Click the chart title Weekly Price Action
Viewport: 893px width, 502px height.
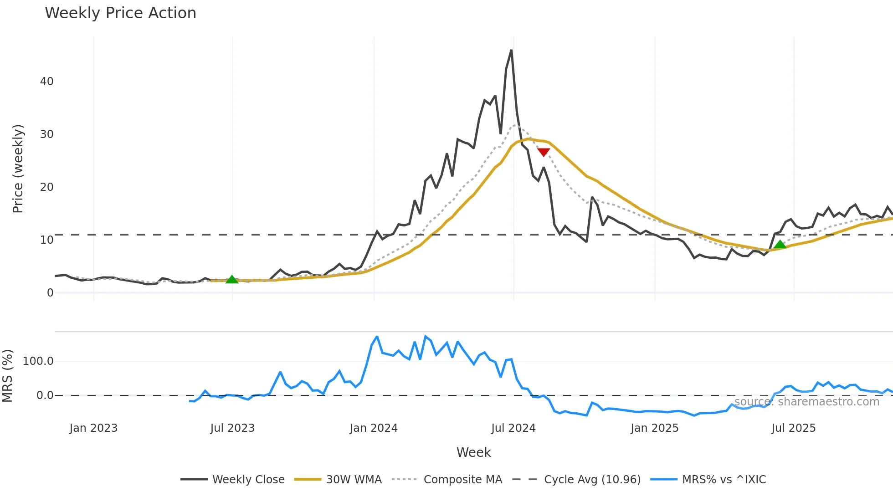point(120,13)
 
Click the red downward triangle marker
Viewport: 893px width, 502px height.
point(544,152)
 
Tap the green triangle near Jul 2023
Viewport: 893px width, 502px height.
point(232,279)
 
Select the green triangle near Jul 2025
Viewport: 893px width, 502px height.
point(780,245)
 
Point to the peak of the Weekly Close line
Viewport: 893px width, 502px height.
point(511,51)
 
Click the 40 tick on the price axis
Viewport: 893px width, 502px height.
point(46,82)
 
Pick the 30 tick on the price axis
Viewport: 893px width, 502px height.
point(46,134)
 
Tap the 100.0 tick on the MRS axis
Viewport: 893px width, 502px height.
point(38,361)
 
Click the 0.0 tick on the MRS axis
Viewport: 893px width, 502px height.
point(45,395)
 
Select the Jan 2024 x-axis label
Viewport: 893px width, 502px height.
point(374,428)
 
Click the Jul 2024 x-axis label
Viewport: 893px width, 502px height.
point(513,428)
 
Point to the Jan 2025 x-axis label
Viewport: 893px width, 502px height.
point(655,428)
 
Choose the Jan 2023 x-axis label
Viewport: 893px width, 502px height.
point(93,428)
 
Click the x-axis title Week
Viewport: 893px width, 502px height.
point(473,452)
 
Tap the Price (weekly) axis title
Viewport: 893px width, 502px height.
point(17,169)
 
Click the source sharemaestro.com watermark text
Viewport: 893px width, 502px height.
point(806,402)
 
